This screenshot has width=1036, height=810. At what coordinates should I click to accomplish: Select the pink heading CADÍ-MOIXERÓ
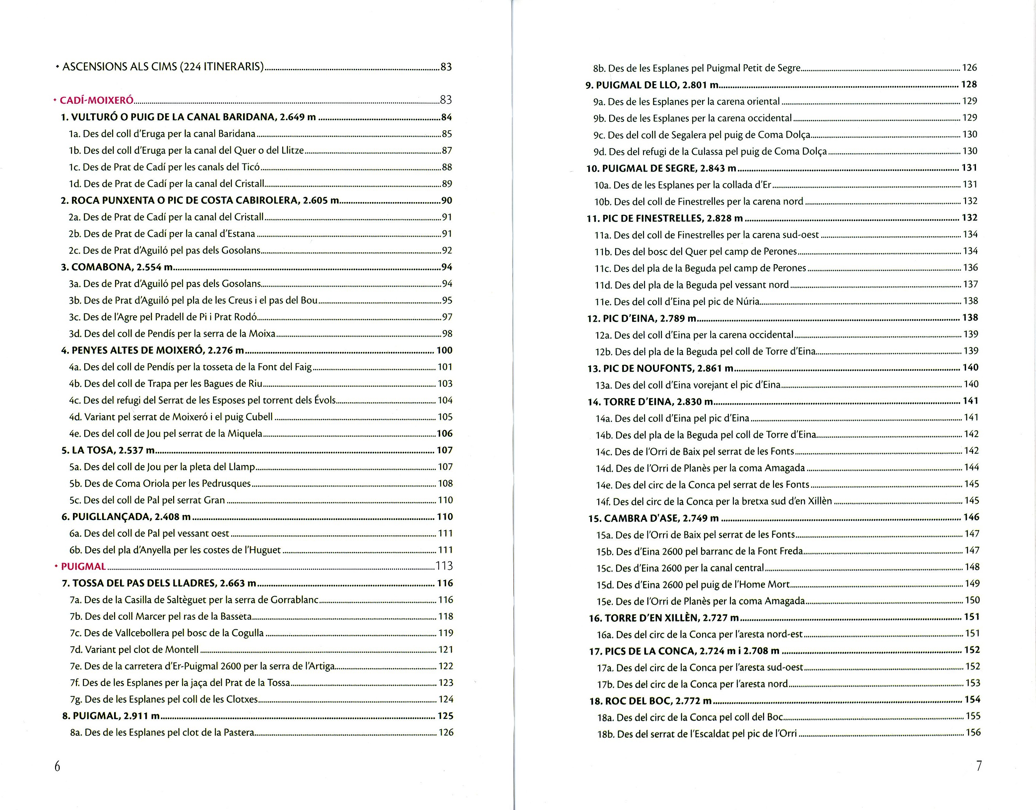point(97,100)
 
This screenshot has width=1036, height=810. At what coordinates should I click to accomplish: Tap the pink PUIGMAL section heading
point(83,566)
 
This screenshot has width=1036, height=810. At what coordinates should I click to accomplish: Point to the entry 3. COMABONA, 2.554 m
point(117,267)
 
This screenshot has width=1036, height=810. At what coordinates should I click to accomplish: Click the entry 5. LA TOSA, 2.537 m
point(108,450)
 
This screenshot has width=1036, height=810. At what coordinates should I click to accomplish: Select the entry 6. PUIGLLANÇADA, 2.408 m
point(126,516)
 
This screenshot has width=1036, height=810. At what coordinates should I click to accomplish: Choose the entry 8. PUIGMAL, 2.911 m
point(111,716)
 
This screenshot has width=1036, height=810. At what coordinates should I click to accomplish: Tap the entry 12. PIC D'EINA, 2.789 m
point(642,318)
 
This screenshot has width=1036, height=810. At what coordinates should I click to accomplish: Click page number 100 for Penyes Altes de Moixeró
point(444,350)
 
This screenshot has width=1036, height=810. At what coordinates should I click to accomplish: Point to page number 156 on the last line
point(973,733)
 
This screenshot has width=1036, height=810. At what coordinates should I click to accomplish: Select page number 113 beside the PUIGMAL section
point(444,566)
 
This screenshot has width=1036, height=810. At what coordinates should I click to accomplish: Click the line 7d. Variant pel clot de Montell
point(134,649)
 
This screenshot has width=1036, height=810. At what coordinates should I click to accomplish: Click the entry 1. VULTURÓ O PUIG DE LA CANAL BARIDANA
point(188,117)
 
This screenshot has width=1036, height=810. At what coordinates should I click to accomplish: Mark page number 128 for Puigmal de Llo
point(969,85)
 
